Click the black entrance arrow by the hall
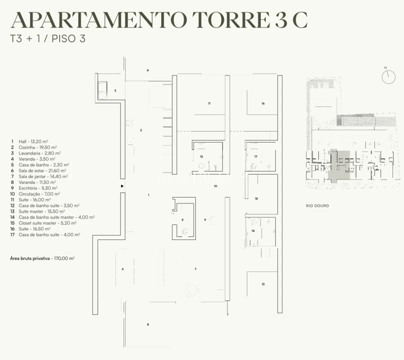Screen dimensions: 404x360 [122, 186]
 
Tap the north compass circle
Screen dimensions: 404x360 [388, 77]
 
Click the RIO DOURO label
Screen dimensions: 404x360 [317, 206]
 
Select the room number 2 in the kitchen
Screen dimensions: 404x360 [141, 130]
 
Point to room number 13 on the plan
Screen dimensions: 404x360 [263, 284]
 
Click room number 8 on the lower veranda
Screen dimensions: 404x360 [148, 324]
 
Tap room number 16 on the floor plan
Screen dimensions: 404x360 [263, 103]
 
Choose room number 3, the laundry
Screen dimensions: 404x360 [115, 90]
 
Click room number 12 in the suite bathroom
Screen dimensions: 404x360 [201, 156]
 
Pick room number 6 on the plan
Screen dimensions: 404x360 [123, 269]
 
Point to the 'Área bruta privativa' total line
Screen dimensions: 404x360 [42, 258]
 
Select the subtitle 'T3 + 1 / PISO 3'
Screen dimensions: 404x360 [48, 39]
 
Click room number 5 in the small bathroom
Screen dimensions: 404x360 [182, 220]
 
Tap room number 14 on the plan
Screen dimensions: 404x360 [253, 231]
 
